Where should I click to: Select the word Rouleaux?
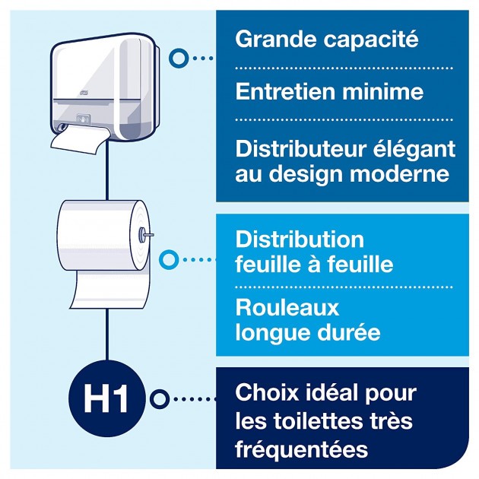[287, 309]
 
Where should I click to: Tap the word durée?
[347, 332]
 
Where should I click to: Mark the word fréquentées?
[302, 449]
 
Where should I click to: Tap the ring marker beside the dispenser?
[179, 57]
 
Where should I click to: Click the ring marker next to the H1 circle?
[158, 398]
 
